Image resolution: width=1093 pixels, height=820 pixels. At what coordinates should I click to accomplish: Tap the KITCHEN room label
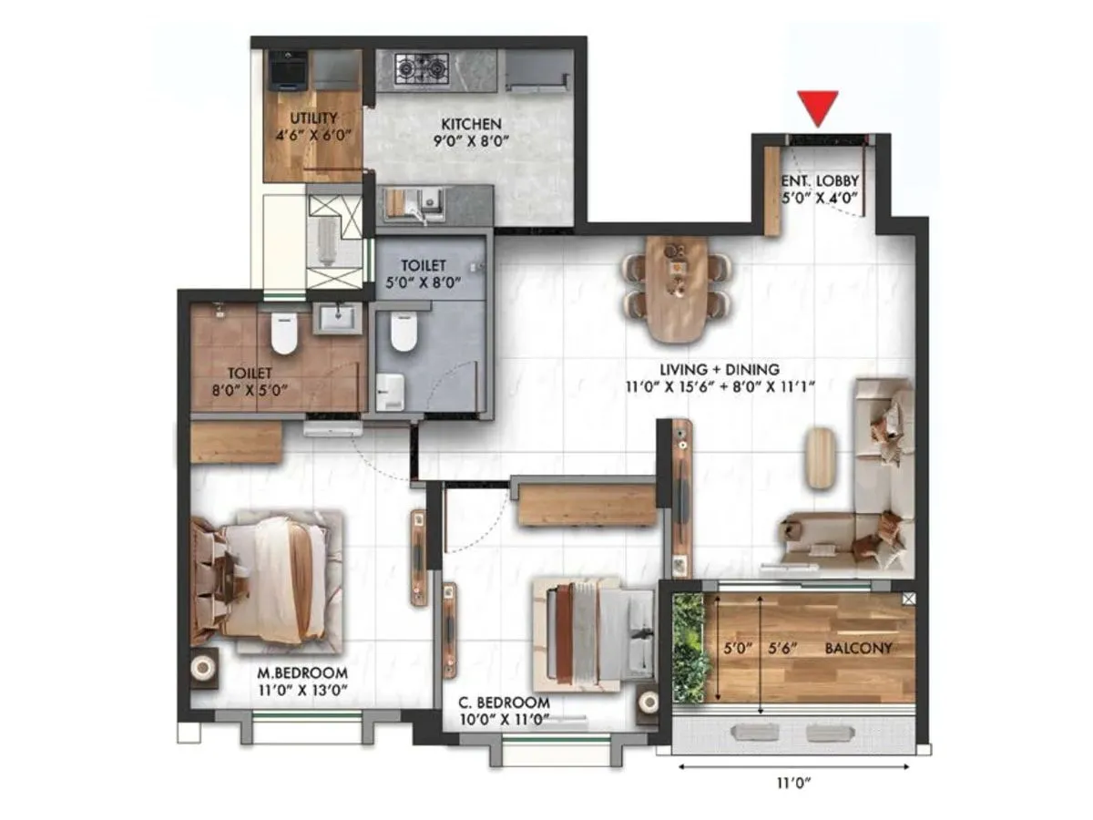pyautogui.click(x=471, y=123)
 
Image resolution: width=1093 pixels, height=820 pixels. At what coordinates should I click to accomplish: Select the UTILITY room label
pyautogui.click(x=313, y=118)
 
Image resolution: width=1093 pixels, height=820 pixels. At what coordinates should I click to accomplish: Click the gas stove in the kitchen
pyautogui.click(x=422, y=67)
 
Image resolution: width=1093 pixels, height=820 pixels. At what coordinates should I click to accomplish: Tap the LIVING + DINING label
pyautogui.click(x=720, y=369)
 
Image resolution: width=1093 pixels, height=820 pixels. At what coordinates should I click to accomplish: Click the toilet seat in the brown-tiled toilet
pyautogui.click(x=284, y=334)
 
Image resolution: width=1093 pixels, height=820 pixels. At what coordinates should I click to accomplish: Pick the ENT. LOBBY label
pyautogui.click(x=820, y=179)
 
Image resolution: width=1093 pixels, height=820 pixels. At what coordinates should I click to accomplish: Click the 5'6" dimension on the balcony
pyautogui.click(x=783, y=648)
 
